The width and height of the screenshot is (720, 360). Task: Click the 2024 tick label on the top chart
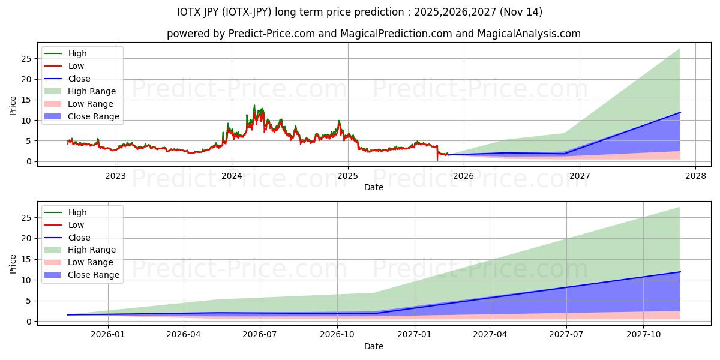coord(232,176)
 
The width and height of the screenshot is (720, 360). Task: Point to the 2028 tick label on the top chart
coord(695,176)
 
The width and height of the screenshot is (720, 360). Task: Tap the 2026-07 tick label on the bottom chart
coord(260,335)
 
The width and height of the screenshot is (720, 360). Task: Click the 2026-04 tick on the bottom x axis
coord(184,335)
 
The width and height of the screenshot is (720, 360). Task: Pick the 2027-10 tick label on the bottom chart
coord(644,335)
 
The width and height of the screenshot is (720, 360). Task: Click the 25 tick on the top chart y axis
coord(26,59)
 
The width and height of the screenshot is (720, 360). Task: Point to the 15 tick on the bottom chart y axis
coord(26,259)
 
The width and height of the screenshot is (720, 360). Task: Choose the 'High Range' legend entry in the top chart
coord(92,91)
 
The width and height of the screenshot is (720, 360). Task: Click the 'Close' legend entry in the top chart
coord(79,79)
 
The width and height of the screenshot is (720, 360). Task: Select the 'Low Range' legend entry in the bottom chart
coord(91,262)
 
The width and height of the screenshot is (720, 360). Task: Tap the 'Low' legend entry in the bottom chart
coord(76,225)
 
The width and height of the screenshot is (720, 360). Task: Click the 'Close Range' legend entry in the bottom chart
coord(94,275)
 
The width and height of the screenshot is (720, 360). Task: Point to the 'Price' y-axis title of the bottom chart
coord(13,263)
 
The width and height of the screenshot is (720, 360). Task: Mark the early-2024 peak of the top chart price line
coord(254,106)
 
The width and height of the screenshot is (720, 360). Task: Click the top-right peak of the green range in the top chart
coord(680,49)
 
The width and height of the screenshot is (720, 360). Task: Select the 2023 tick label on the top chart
coord(116,176)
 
